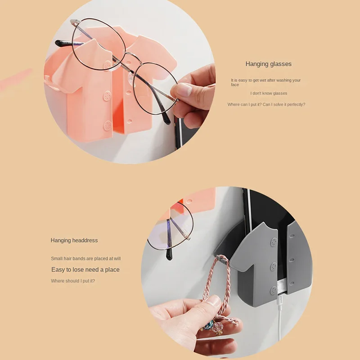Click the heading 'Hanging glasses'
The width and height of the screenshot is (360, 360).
(268, 64)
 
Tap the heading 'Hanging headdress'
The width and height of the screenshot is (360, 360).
(74, 240)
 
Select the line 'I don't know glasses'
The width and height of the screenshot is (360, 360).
(269, 93)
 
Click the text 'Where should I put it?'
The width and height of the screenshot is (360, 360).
(73, 281)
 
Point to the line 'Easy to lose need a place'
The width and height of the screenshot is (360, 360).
(85, 270)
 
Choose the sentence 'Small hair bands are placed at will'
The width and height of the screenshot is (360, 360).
(86, 258)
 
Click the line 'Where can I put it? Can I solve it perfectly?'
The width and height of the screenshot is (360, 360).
(266, 104)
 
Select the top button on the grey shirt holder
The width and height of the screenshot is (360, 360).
(274, 242)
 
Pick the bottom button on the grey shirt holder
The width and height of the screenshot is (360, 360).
(274, 291)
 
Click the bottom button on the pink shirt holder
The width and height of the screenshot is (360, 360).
(108, 126)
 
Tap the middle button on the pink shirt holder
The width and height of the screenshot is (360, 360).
(107, 96)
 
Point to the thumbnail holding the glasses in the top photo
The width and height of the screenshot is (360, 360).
(184, 89)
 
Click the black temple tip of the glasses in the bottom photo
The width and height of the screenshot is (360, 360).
(169, 254)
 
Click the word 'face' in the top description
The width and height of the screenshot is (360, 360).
(235, 85)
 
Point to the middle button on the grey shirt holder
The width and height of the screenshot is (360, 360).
(274, 266)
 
